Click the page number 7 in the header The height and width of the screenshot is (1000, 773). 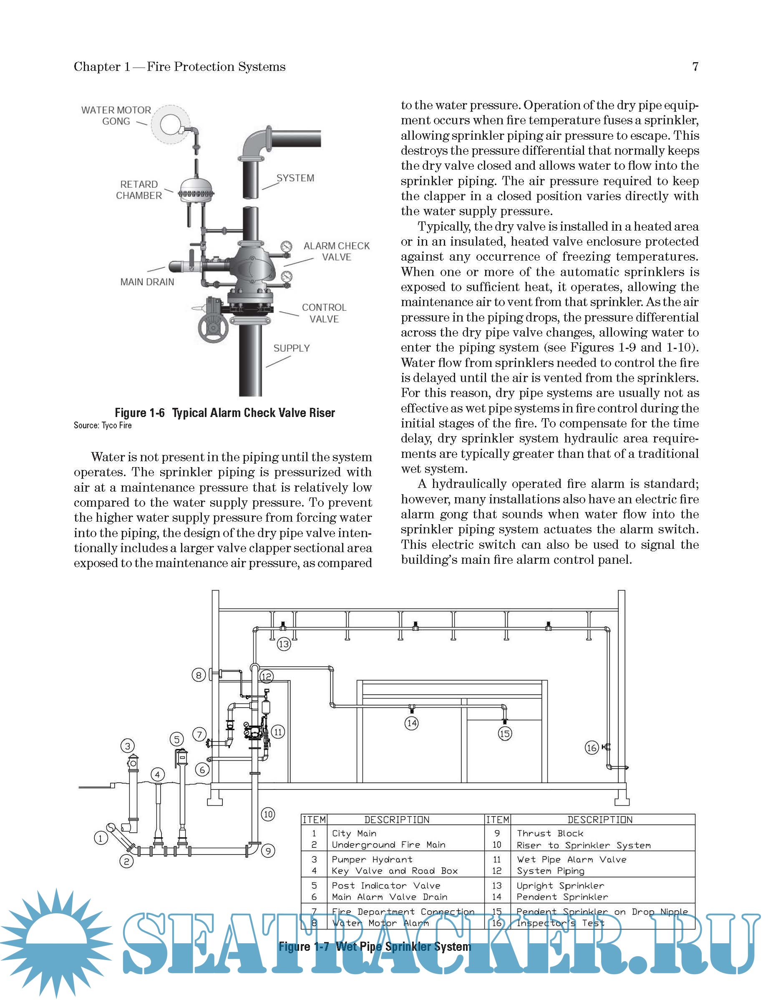coord(695,67)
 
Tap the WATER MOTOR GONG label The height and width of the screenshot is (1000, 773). coord(116,116)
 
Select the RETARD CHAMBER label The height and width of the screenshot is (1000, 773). coord(139,190)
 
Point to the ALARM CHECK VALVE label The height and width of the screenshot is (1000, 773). coord(337,251)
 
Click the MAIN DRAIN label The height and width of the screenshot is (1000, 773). coord(147,282)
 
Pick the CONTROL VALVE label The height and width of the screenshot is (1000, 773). coord(324,313)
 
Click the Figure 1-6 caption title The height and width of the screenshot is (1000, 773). coord(225,413)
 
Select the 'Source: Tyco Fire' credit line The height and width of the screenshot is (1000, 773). coord(103,425)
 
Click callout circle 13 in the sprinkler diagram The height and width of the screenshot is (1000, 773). coord(284,644)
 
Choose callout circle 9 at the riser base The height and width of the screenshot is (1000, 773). coord(268,851)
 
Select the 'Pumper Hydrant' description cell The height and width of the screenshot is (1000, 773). coord(372,859)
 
